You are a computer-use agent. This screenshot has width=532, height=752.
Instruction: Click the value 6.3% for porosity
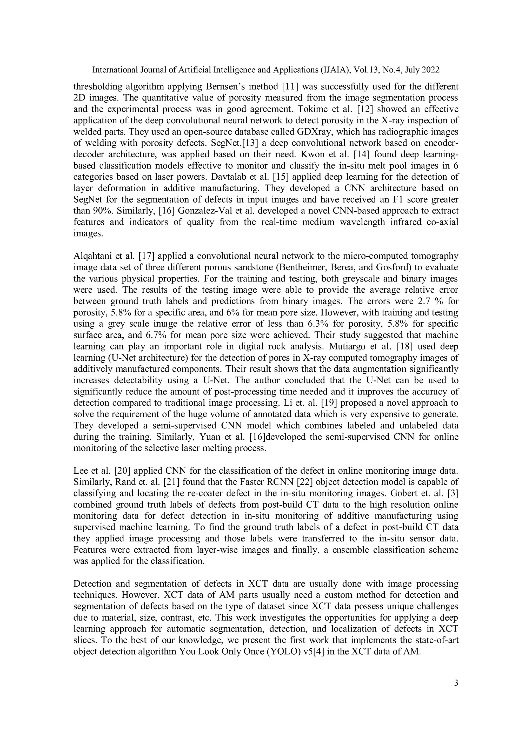point(316,324)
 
